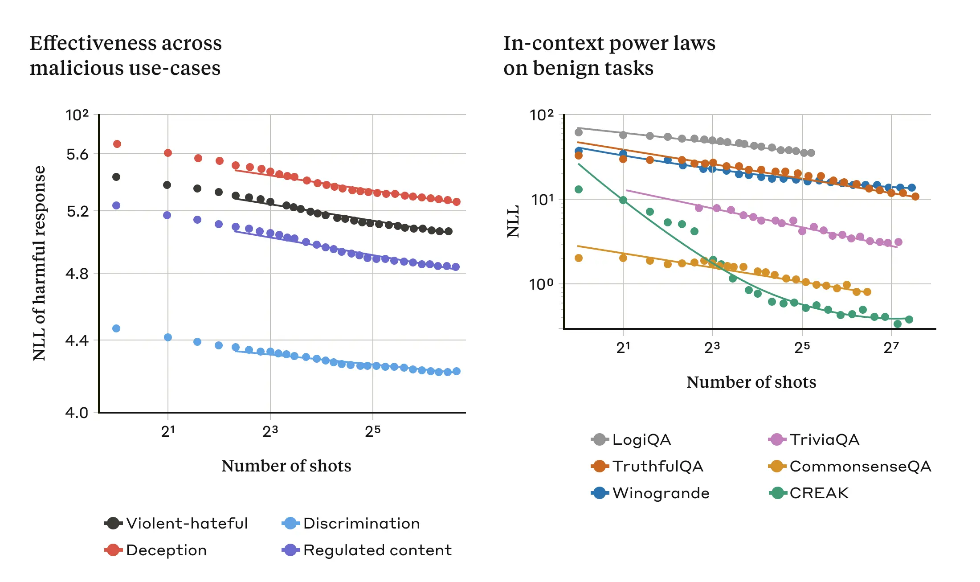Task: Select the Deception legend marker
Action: pos(114,550)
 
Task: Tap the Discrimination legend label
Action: pos(361,523)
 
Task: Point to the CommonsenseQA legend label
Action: pos(860,466)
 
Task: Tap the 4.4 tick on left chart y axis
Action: pos(77,341)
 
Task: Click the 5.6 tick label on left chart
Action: pos(77,155)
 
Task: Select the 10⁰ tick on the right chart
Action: pos(541,284)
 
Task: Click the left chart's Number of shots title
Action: pos(286,466)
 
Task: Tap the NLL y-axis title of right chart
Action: pos(513,221)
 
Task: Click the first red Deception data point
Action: pos(117,144)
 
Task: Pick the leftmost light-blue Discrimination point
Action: pos(116,328)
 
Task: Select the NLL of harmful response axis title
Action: pos(39,263)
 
